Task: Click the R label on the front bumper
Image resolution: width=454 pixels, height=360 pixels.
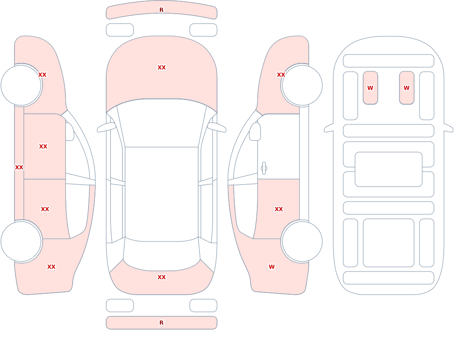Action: tap(161, 10)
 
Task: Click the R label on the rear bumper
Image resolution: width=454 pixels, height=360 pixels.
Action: tap(161, 323)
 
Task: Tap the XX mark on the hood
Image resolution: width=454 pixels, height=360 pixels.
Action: tap(162, 68)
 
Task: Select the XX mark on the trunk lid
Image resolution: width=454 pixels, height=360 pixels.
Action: tap(162, 277)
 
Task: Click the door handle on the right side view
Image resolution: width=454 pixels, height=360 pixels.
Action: tap(264, 168)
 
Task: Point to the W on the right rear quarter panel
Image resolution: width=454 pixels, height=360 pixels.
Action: tap(271, 267)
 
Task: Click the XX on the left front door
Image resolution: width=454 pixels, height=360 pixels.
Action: tap(43, 147)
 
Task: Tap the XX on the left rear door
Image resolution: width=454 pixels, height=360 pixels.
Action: tap(45, 209)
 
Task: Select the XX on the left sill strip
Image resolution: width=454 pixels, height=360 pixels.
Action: tap(19, 168)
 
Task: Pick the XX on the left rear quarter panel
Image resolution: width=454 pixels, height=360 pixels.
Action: tap(51, 267)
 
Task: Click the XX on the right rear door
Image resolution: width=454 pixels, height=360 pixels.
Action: tap(279, 209)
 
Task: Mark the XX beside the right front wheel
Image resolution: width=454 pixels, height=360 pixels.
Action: tap(281, 75)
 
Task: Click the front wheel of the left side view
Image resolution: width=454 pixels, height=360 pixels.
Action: tap(21, 85)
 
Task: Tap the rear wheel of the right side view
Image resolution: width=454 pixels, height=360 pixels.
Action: tap(302, 241)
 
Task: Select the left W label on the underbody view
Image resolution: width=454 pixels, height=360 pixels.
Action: tap(370, 88)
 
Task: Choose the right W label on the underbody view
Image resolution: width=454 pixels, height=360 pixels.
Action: tap(406, 88)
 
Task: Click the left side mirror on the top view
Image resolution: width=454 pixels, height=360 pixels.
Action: tap(106, 127)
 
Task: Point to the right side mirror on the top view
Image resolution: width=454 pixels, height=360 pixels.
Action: tap(217, 127)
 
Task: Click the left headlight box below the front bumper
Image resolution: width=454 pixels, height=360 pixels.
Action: tap(119, 30)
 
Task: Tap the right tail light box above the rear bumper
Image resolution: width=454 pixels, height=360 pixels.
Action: tap(203, 306)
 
